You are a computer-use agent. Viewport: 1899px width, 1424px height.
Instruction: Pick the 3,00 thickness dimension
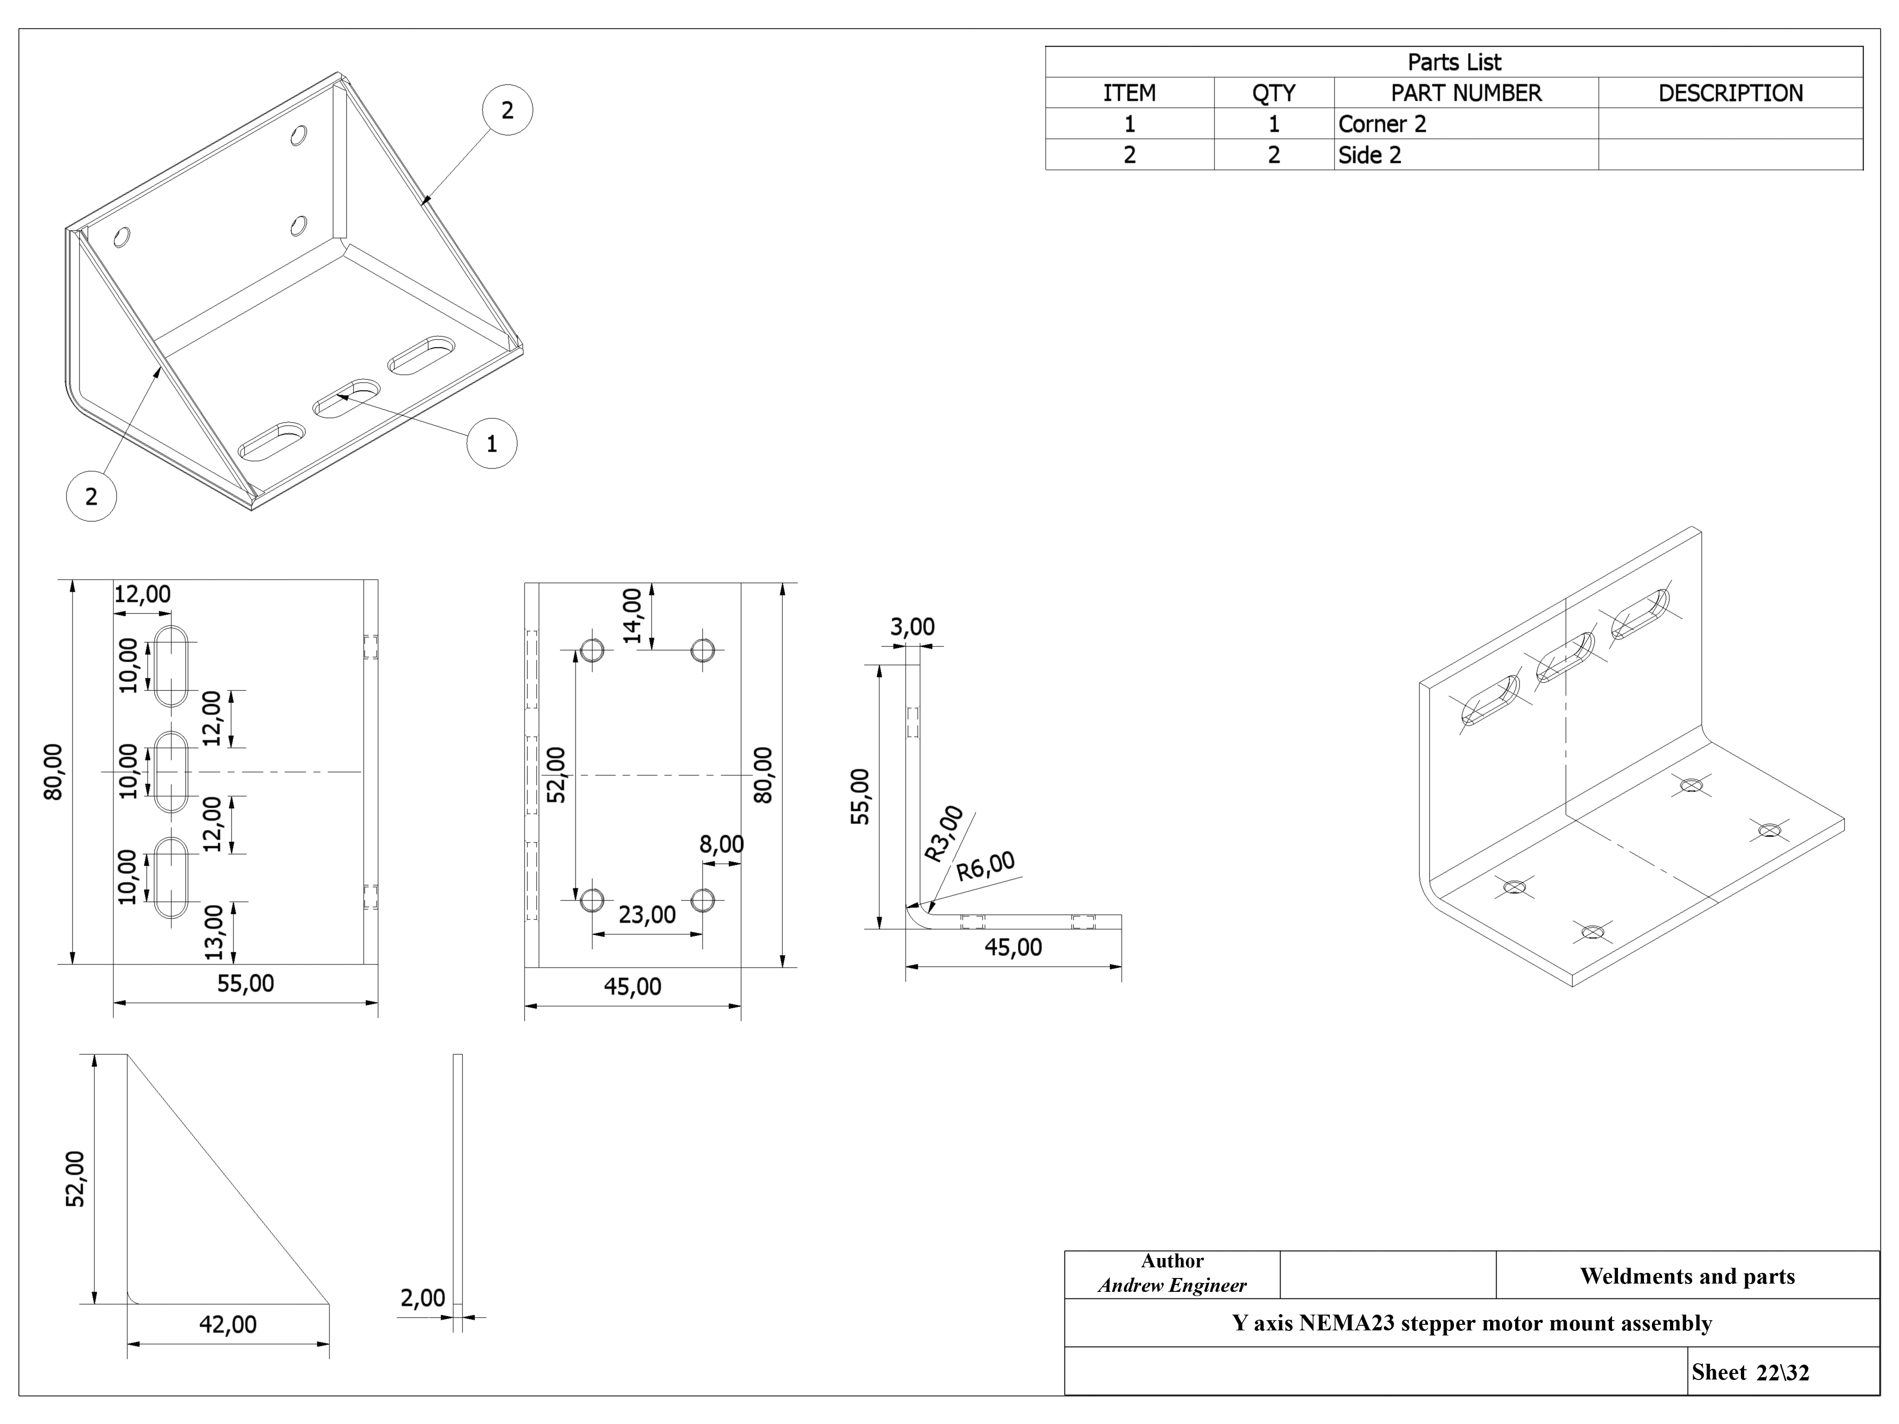(x=912, y=628)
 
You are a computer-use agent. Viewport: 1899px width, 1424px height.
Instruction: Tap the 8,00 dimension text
(x=721, y=845)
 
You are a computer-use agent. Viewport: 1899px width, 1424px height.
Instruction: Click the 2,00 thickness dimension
(x=422, y=1298)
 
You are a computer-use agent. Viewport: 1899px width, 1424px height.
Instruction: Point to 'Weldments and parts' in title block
(x=1687, y=1277)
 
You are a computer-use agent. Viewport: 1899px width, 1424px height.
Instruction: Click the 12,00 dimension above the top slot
(x=142, y=594)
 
